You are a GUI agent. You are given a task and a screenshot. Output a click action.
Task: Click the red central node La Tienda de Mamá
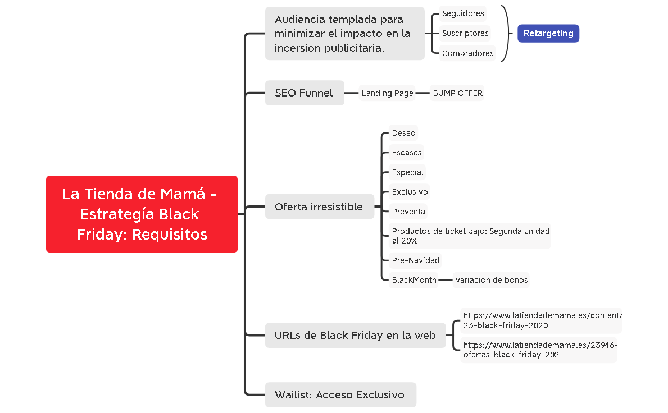[x=142, y=214]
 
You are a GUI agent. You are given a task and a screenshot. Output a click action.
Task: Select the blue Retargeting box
[x=548, y=33]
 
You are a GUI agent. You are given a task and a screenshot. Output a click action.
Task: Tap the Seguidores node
[x=462, y=13]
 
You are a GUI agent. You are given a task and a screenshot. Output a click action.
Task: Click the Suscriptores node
[x=465, y=33]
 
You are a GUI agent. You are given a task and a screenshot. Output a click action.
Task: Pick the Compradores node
[x=467, y=53]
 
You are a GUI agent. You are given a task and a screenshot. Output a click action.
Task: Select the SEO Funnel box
[x=304, y=93]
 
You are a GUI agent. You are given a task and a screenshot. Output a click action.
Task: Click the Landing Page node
[x=387, y=93]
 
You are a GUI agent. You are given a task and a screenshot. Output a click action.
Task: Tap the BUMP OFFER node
[x=457, y=93]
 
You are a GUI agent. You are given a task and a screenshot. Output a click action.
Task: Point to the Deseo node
[x=403, y=133]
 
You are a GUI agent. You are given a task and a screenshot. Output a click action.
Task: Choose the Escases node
[x=406, y=153]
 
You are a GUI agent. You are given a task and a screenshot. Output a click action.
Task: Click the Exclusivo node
[x=410, y=192]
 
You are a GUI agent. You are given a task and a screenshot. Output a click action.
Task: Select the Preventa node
[x=408, y=212]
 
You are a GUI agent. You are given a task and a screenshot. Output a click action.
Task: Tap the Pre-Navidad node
[x=415, y=260]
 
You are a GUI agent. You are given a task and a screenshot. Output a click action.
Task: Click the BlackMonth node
[x=413, y=280]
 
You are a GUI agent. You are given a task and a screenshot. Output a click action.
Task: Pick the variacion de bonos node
[x=491, y=280]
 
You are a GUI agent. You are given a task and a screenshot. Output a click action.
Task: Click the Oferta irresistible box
[x=319, y=206]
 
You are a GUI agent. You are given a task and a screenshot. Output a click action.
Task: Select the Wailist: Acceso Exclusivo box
[x=340, y=394]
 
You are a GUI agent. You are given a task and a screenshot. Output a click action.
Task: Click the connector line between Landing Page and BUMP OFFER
[x=422, y=93]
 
